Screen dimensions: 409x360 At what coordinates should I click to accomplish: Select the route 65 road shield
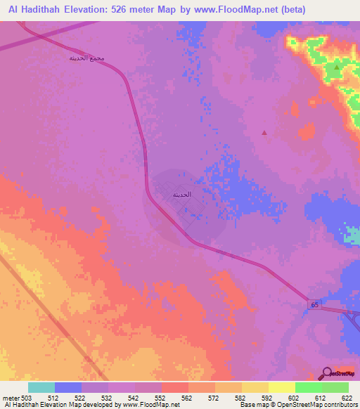314,304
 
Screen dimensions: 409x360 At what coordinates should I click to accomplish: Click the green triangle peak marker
337,67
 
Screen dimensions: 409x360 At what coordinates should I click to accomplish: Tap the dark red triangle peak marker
264,132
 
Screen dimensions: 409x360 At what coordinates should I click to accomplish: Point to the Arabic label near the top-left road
88,58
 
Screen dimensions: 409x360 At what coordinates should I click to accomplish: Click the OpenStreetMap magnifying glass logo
326,372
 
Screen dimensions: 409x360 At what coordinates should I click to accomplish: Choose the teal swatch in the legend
41,387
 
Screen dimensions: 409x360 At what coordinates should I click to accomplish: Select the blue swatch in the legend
68,387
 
